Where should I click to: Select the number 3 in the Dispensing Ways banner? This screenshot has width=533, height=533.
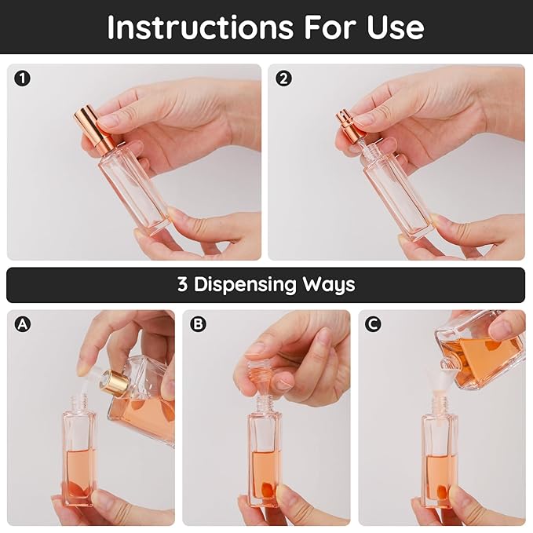(x=182, y=284)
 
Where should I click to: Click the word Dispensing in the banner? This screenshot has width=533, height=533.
(x=250, y=284)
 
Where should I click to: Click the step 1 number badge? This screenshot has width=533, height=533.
(x=22, y=78)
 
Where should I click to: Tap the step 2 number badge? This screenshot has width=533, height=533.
(x=283, y=78)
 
